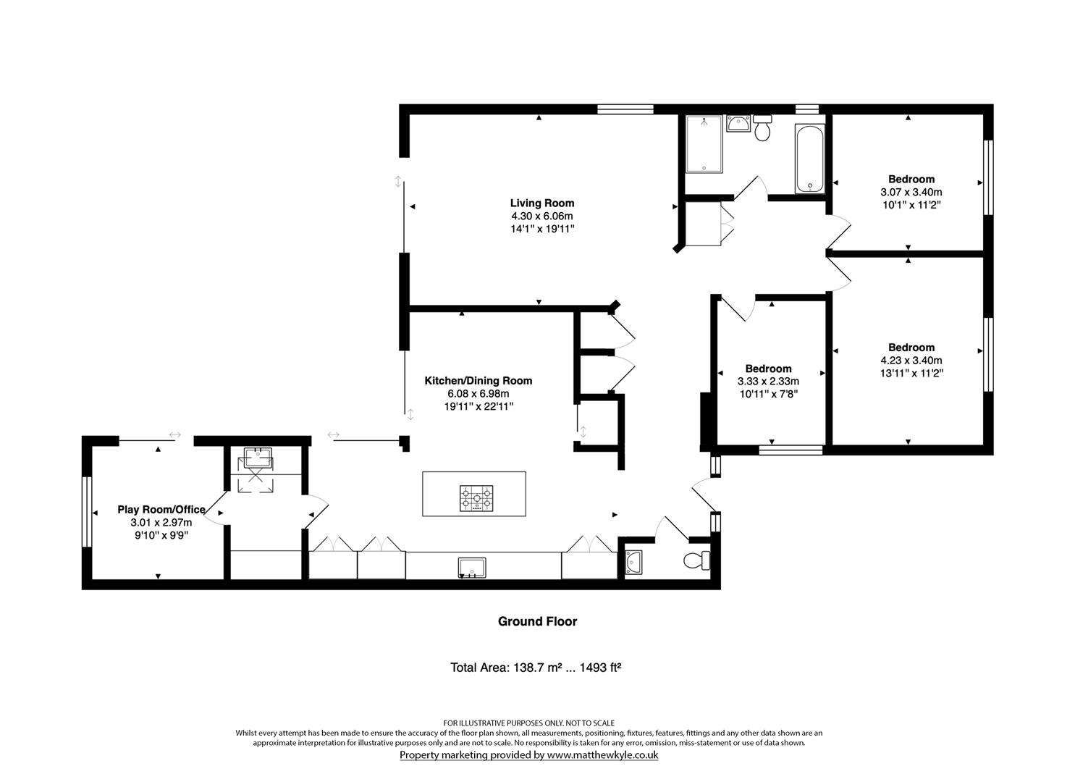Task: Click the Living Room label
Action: pyautogui.click(x=541, y=203)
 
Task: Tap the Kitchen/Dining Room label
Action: pyautogui.click(x=478, y=380)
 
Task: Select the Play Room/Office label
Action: pyautogui.click(x=161, y=510)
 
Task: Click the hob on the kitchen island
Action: pyautogui.click(x=475, y=499)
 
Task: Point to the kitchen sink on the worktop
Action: pyautogui.click(x=472, y=568)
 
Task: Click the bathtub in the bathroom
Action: pyautogui.click(x=809, y=159)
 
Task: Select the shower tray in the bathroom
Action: pyautogui.click(x=704, y=144)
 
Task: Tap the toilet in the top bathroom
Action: pyautogui.click(x=762, y=128)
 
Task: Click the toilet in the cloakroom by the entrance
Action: pyautogui.click(x=697, y=560)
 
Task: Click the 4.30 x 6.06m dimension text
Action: pyautogui.click(x=541, y=216)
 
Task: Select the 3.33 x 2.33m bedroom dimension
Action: pyautogui.click(x=768, y=382)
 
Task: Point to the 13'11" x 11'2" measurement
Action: pyautogui.click(x=911, y=373)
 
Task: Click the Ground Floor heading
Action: pyautogui.click(x=537, y=621)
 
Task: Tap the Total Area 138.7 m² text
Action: pyautogui.click(x=536, y=667)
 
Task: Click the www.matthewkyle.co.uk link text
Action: pyautogui.click(x=602, y=754)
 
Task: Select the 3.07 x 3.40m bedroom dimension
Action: pyautogui.click(x=911, y=192)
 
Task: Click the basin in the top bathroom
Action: pyautogui.click(x=737, y=124)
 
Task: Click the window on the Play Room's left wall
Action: pyautogui.click(x=85, y=511)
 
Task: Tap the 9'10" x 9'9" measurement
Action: pyautogui.click(x=161, y=535)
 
